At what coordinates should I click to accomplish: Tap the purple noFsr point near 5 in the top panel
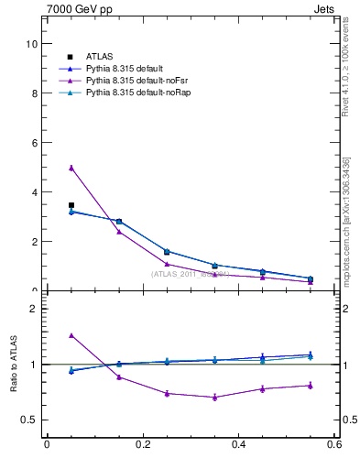(x=71, y=168)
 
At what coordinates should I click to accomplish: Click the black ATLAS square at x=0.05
(x=71, y=205)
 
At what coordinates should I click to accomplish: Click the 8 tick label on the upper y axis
(x=34, y=93)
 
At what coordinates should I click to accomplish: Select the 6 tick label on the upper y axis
(x=34, y=143)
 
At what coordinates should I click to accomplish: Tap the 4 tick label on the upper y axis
(x=34, y=192)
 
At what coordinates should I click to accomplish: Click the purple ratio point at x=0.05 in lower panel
(x=71, y=335)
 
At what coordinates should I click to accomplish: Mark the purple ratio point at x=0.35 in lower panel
(x=214, y=397)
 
